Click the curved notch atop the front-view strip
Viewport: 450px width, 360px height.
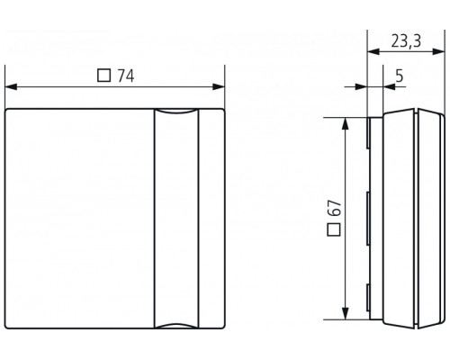(x=175, y=112)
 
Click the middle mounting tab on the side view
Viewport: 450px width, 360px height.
(x=369, y=219)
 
